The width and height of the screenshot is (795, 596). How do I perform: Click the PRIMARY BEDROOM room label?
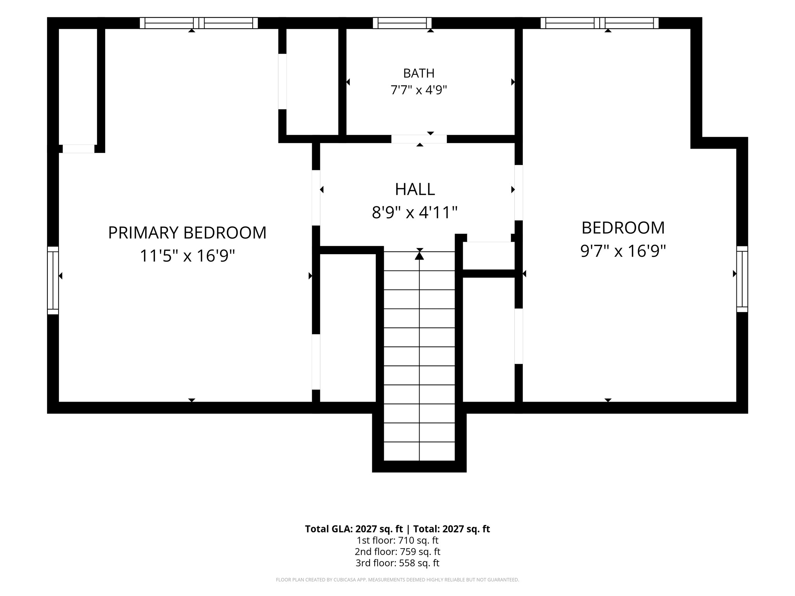(x=187, y=233)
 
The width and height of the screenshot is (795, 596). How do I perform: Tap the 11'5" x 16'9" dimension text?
(x=187, y=256)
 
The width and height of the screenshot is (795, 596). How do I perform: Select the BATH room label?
(x=419, y=73)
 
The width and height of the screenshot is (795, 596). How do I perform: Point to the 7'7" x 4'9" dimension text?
(x=419, y=90)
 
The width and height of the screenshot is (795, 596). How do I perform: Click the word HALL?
(x=415, y=189)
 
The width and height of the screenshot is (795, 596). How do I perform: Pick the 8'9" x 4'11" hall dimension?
(x=415, y=212)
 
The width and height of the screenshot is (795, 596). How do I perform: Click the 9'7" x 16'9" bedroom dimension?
(x=623, y=251)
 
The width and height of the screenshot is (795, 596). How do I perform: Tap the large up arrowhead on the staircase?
(x=419, y=256)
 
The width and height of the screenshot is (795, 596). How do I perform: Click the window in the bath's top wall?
(x=402, y=23)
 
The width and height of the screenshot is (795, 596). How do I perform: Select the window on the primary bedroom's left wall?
(x=53, y=280)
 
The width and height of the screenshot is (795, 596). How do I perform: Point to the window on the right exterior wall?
(x=742, y=279)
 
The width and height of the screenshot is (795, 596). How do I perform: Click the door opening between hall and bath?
(x=419, y=139)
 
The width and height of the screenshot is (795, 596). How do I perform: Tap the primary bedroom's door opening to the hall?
(x=316, y=198)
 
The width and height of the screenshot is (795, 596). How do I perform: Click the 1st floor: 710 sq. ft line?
(x=397, y=540)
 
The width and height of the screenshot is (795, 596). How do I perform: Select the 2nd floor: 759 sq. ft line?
(x=397, y=551)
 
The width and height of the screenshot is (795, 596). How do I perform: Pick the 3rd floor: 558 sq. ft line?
(x=397, y=563)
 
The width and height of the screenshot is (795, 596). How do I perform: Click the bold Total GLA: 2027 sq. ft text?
(x=354, y=529)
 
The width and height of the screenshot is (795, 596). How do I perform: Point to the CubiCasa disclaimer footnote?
(x=397, y=580)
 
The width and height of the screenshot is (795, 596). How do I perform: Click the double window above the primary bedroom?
(x=199, y=23)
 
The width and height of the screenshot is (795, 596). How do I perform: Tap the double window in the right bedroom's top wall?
(x=600, y=23)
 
